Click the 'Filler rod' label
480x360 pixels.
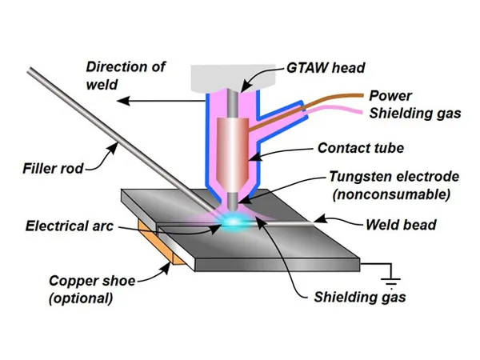click(x=52, y=168)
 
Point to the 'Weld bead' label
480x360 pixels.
click(x=402, y=225)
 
